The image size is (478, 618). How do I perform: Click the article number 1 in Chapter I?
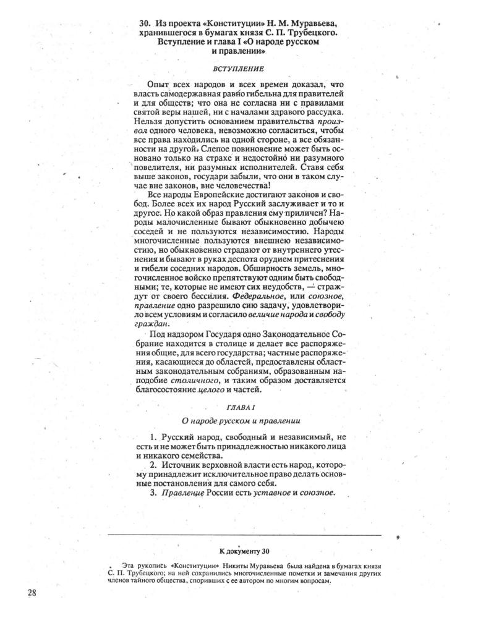pos(152,437)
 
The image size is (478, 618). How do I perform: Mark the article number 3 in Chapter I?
pos(152,493)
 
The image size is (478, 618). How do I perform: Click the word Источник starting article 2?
pos(183,464)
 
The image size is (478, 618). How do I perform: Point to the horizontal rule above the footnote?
pos(244,535)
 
